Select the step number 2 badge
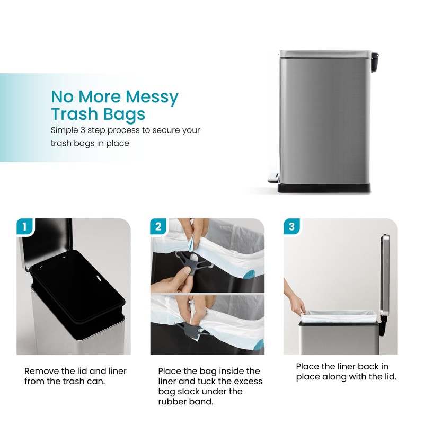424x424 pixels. click(158, 227)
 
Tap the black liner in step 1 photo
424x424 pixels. click(74, 286)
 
